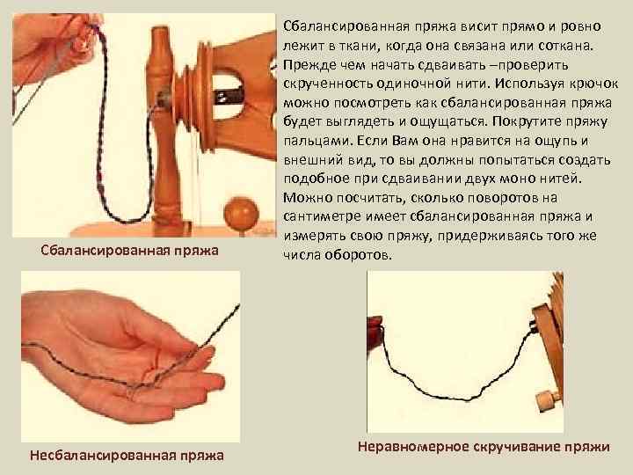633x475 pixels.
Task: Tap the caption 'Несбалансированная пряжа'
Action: [x=127, y=455]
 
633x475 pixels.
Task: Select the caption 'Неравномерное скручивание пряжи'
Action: [x=484, y=446]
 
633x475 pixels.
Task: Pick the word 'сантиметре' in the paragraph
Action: [x=322, y=216]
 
